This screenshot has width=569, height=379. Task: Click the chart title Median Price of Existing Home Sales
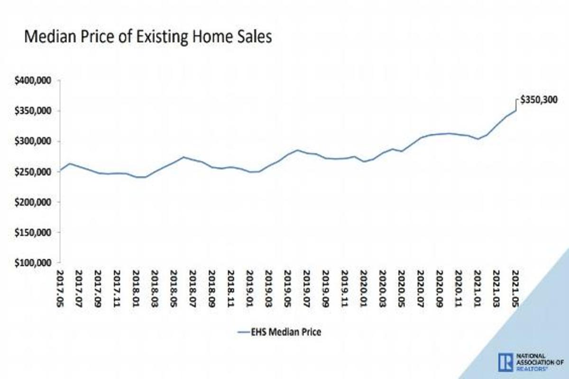tap(148, 37)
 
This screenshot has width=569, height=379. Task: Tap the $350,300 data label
tap(539, 100)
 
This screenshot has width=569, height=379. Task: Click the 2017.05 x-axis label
tap(60, 289)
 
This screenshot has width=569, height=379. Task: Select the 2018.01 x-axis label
tap(136, 289)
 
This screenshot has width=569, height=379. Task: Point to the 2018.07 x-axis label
tap(193, 289)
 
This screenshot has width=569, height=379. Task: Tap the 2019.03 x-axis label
tap(269, 289)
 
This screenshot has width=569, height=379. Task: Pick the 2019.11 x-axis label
tap(345, 289)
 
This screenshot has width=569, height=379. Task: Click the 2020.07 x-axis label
tap(421, 289)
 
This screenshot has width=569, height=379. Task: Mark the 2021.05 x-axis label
tap(515, 289)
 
